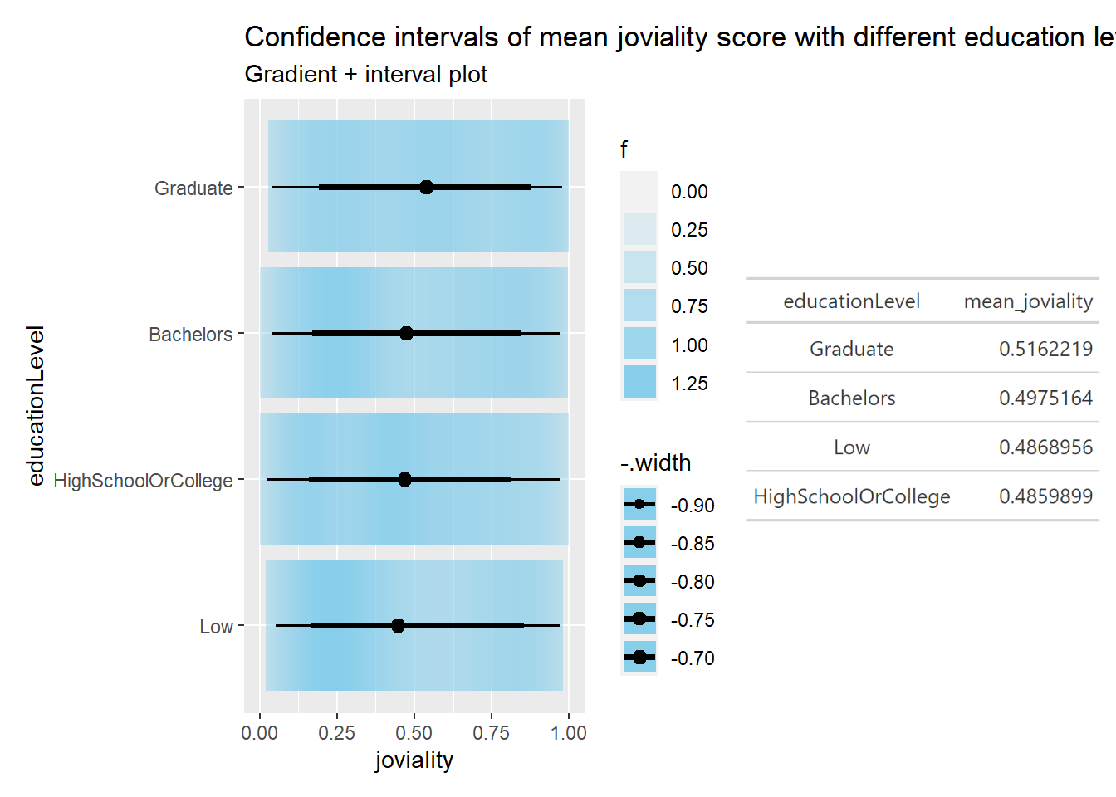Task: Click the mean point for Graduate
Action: point(426,188)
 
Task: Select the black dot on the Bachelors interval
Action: point(406,334)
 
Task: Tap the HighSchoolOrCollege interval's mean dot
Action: point(404,480)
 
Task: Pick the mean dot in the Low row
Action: point(398,626)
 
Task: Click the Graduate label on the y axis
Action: point(193,188)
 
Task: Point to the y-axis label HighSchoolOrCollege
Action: point(143,481)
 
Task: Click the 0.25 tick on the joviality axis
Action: point(337,733)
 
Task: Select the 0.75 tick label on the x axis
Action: point(492,733)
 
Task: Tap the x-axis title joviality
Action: point(414,760)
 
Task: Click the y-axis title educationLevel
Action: point(36,405)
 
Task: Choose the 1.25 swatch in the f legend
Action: point(639,383)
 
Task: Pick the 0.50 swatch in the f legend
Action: point(639,268)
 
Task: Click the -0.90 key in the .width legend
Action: point(639,505)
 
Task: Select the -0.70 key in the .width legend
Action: point(639,658)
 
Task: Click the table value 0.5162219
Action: point(1045,349)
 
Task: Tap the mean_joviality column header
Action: point(1028,301)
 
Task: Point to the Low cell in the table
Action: point(852,447)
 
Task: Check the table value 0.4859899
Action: point(1045,496)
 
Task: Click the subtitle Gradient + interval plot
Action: point(365,75)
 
